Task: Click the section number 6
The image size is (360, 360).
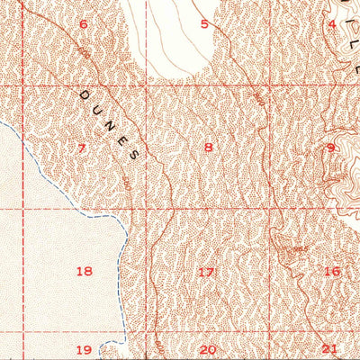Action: [84, 24]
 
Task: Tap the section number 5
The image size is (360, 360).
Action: [204, 24]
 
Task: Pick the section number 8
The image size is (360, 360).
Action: [209, 148]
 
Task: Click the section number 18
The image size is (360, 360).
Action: [85, 271]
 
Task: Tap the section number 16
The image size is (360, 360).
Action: [331, 271]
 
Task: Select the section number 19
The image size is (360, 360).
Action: [84, 349]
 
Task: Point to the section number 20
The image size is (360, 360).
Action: [208, 349]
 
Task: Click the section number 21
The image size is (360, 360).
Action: [329, 349]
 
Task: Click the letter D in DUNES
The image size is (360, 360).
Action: [86, 93]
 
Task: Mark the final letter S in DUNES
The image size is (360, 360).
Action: [136, 154]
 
